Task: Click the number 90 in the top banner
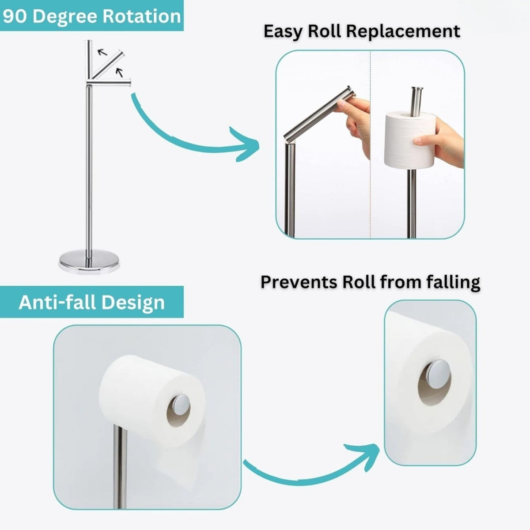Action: [15, 16]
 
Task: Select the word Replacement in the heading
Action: [403, 32]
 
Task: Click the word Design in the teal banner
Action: [133, 303]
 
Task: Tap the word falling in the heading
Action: [453, 283]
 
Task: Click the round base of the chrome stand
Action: [89, 261]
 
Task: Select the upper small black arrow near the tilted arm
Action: [102, 52]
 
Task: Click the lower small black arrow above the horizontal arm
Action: [119, 72]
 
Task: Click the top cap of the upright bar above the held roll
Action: [417, 89]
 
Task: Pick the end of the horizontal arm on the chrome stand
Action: [129, 83]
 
